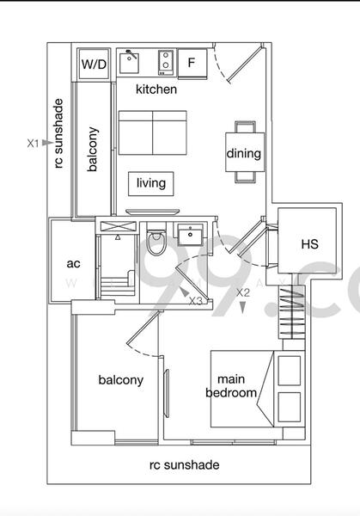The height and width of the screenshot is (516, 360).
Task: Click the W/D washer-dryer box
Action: (94, 64)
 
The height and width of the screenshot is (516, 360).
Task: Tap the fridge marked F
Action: (192, 64)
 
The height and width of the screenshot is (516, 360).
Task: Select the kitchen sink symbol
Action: (131, 62)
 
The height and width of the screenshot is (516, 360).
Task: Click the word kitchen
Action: (156, 89)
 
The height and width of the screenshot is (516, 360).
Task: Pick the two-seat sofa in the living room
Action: (152, 132)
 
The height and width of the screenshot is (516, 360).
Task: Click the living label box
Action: (151, 183)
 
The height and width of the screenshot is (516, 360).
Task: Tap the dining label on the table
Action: (244, 154)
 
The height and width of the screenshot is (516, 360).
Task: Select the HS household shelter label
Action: (309, 244)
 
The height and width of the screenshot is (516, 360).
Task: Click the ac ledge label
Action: (73, 264)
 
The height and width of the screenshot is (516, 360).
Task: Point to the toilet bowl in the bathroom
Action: (156, 244)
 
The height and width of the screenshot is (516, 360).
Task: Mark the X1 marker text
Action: (33, 144)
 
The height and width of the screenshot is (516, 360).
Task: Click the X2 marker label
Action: (243, 292)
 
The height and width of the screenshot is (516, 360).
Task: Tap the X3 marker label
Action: (196, 301)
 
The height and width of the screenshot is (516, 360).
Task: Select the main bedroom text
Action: (231, 386)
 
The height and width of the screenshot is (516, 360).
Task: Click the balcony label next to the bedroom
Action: (120, 380)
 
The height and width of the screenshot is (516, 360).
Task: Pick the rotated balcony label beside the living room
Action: (93, 150)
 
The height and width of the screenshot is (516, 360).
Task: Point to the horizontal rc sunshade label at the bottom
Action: (184, 465)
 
